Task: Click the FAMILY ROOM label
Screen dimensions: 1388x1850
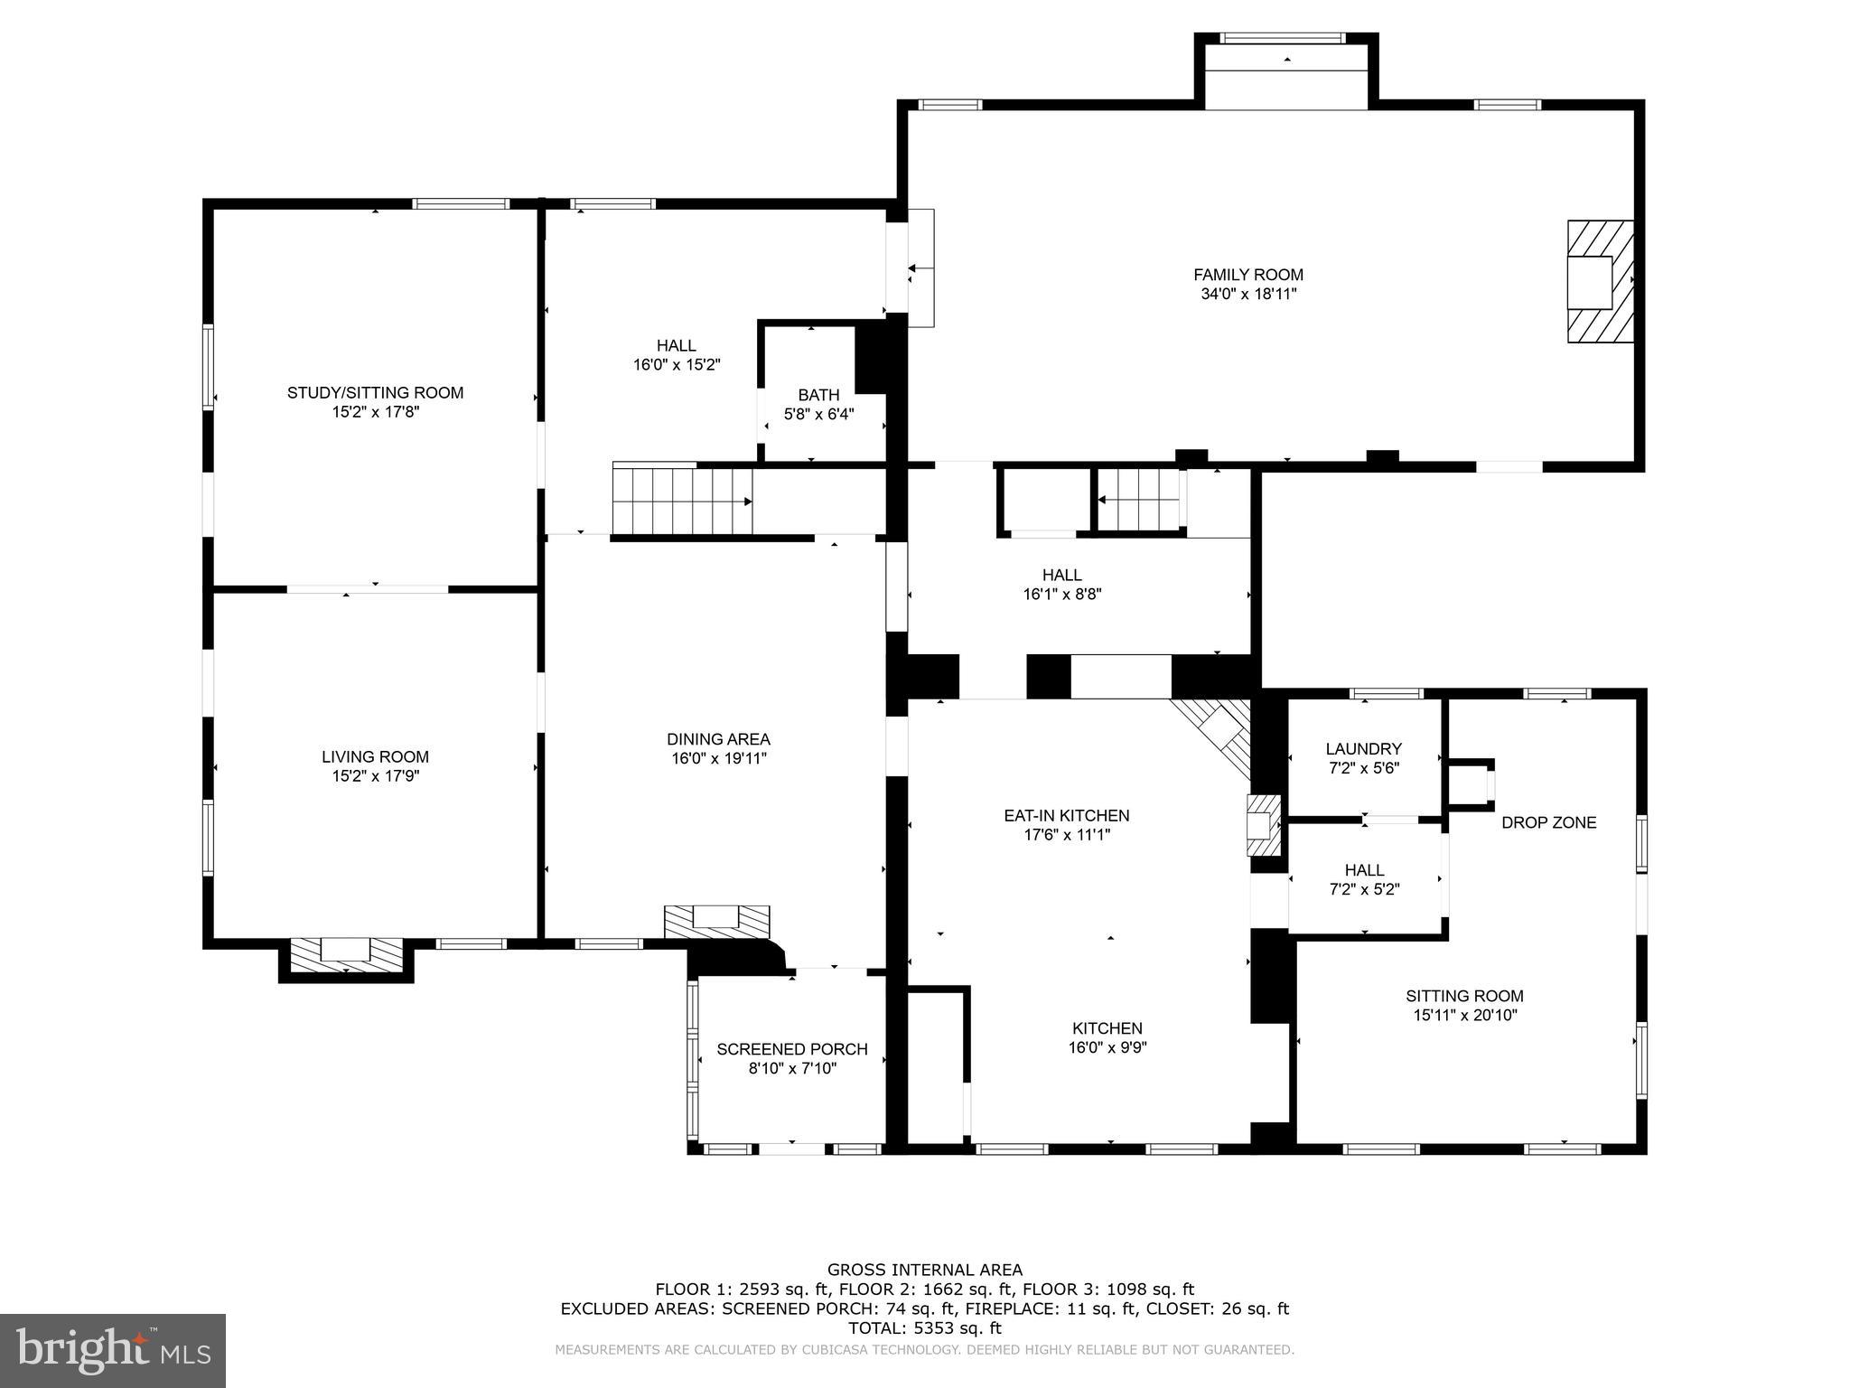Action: point(1247,275)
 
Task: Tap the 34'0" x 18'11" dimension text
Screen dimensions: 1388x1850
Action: point(1247,295)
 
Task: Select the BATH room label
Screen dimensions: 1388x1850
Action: point(818,395)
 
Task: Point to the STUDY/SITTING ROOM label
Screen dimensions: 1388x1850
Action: point(375,392)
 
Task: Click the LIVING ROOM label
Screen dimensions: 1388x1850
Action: point(375,756)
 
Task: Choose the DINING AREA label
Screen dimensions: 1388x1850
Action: point(718,739)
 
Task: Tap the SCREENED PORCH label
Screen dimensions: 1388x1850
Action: point(791,1049)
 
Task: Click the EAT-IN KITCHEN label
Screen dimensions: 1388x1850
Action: point(1066,815)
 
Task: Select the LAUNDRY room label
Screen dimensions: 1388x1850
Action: point(1363,748)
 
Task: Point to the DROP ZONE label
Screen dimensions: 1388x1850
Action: point(1548,822)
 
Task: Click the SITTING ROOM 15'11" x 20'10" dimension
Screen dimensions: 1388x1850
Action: point(1464,1016)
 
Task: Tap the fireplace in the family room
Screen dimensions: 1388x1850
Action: point(1599,281)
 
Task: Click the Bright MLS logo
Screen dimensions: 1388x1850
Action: point(112,1350)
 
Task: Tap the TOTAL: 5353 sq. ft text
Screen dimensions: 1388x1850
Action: point(924,1328)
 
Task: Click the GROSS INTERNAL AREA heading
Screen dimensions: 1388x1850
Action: point(924,1270)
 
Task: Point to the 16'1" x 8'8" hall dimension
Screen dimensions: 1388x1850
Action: point(1061,595)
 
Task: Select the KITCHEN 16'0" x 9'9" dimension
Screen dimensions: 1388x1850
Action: point(1107,1048)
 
